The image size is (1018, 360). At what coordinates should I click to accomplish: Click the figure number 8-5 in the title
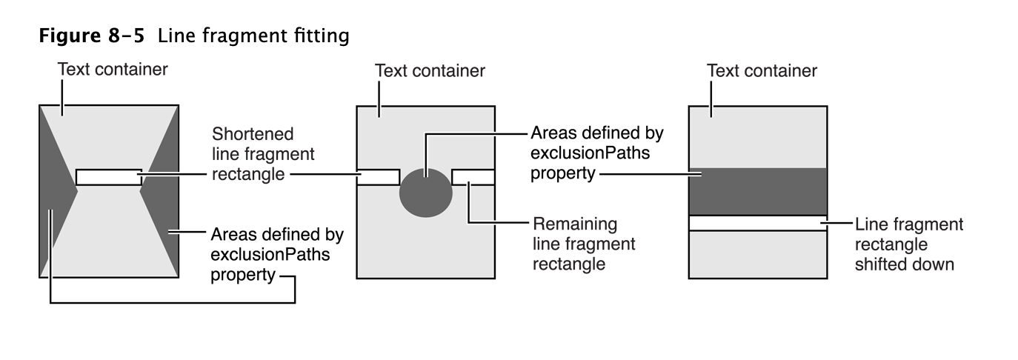click(x=124, y=36)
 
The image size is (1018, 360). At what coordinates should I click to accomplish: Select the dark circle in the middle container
click(x=426, y=192)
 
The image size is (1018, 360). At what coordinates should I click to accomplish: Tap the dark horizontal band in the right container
click(x=757, y=191)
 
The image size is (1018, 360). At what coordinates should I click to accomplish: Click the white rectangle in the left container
click(x=108, y=177)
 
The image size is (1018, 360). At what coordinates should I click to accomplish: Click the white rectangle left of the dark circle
click(x=378, y=177)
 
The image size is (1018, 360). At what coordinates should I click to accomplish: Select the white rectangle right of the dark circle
click(x=473, y=177)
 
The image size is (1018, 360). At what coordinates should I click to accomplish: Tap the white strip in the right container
click(x=757, y=223)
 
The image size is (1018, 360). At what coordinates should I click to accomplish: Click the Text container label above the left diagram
click(x=113, y=70)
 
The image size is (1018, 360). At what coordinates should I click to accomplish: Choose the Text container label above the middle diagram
click(x=430, y=71)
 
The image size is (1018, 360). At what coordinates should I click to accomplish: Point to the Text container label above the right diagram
click(x=762, y=71)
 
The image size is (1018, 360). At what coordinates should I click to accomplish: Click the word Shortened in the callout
click(x=253, y=134)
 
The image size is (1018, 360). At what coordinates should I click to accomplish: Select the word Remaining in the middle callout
click(x=575, y=223)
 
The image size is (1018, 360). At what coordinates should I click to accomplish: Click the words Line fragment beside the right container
click(x=909, y=224)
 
